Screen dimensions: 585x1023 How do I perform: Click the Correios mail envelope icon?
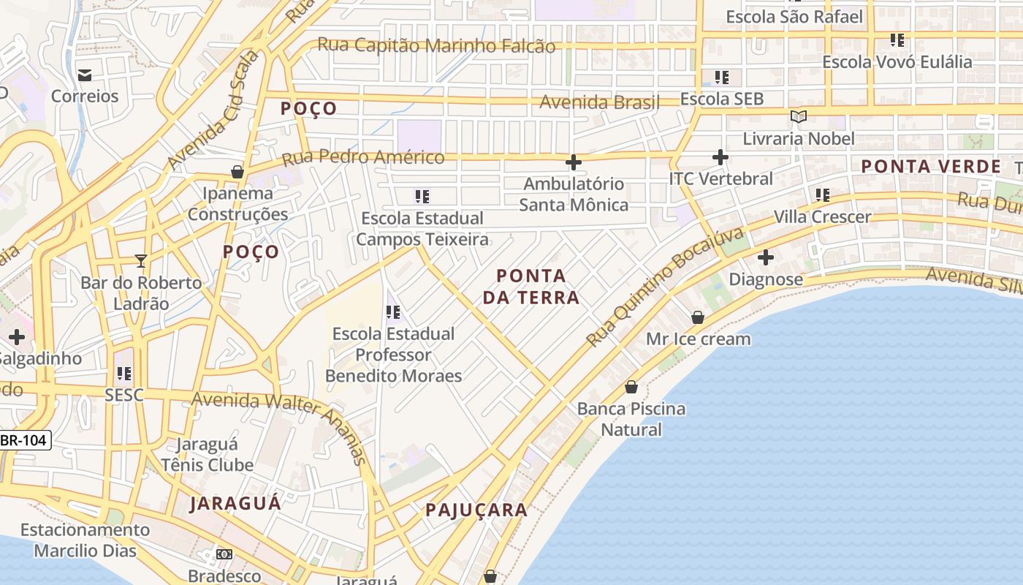pos(85,75)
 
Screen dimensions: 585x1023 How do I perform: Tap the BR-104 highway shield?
pos(26,440)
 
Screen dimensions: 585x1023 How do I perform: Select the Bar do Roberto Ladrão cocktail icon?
pos(141,260)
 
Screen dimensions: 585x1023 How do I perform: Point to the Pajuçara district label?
pos(476,510)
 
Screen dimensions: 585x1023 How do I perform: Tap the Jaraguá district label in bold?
pos(235,504)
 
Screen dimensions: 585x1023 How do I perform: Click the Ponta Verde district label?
pos(930,167)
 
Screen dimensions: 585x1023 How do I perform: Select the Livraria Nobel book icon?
pos(799,116)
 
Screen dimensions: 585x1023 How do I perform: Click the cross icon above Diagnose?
pos(766,257)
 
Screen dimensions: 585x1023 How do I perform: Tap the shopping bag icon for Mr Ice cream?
pos(698,317)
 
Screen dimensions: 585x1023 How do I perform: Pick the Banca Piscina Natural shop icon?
pos(631,387)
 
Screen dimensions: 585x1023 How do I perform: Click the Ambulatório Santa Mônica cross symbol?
pos(574,162)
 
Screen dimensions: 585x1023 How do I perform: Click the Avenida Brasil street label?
pos(599,102)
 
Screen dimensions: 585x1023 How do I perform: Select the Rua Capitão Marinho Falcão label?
pos(436,45)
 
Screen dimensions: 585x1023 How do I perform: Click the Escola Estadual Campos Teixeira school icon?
pos(422,196)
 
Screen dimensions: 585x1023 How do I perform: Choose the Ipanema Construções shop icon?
pos(237,172)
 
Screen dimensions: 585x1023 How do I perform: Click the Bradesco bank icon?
pos(224,554)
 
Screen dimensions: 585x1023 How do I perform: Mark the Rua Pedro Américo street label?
pos(362,157)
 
